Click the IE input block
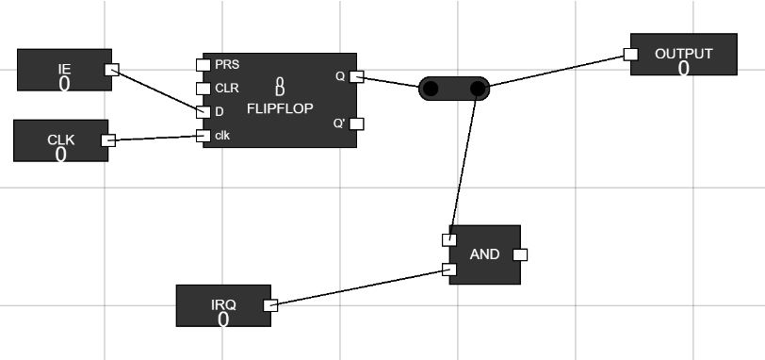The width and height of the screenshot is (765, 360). pos(64,72)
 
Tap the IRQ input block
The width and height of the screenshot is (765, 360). pos(223,305)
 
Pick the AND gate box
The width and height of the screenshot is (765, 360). pos(484,254)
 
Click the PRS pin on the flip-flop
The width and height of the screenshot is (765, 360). pos(202,65)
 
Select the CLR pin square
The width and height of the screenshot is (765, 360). pos(202,89)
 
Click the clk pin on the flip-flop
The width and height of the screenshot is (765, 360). pos(202,136)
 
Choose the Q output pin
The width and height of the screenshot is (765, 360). pos(355,76)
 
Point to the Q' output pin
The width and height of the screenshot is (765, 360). pos(355,123)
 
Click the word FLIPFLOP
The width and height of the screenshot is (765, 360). pos(280,108)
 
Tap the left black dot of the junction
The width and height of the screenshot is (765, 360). pos(431,90)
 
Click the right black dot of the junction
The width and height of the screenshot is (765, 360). pos(478,90)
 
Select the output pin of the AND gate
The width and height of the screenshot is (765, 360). pos(520,254)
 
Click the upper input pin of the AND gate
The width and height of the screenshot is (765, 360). pos(449,239)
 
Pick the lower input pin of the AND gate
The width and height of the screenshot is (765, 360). pos(449,270)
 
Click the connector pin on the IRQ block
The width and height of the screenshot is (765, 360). pos(269,305)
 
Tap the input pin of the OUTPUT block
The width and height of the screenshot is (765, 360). pos(631,55)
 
